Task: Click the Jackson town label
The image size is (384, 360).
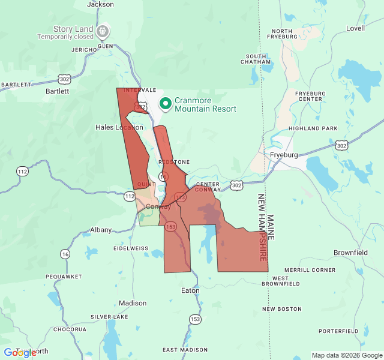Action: (x=100, y=4)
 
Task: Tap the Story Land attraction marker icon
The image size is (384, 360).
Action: (x=103, y=29)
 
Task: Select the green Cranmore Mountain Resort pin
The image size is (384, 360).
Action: (x=165, y=104)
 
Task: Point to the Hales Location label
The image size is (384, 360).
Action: (x=119, y=127)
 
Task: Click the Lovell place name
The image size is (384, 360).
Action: (x=355, y=28)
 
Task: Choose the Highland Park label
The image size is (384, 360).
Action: (x=313, y=128)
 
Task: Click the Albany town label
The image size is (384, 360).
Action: (x=101, y=230)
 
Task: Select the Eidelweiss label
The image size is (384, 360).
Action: (x=130, y=248)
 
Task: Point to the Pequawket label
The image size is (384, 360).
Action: (x=64, y=277)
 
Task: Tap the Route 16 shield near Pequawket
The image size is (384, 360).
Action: (x=64, y=254)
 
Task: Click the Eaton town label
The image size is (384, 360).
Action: (x=190, y=290)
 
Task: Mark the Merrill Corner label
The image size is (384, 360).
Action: (x=310, y=270)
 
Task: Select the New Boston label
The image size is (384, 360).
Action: (x=282, y=309)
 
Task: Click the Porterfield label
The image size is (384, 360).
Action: (x=338, y=331)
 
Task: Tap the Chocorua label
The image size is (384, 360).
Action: (x=70, y=329)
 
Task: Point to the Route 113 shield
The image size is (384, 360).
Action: (x=180, y=197)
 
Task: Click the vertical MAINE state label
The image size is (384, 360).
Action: (x=271, y=227)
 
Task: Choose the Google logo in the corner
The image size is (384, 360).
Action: (x=20, y=353)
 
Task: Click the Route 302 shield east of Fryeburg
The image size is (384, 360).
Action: (x=341, y=145)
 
